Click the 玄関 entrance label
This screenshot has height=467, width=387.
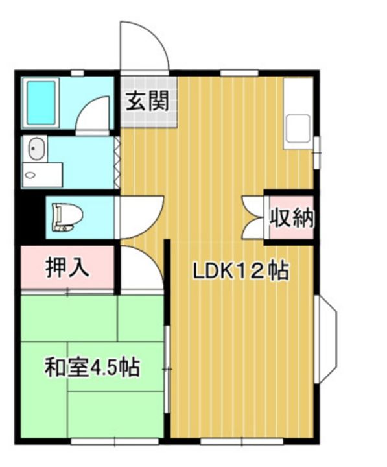point(148,101)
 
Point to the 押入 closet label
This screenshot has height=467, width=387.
point(67,267)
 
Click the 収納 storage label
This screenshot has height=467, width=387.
point(291,217)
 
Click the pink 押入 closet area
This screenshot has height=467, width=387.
point(67,269)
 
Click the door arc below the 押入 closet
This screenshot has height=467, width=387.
point(140,267)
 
